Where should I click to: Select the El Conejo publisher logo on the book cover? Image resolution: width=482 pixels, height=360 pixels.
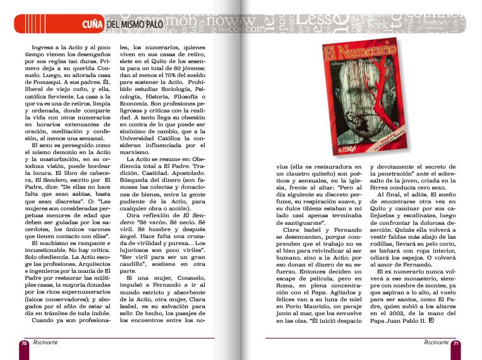point(327,150)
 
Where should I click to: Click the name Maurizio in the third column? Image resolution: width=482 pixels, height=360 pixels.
point(329,304)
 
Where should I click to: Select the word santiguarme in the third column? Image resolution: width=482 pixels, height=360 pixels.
point(303,223)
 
